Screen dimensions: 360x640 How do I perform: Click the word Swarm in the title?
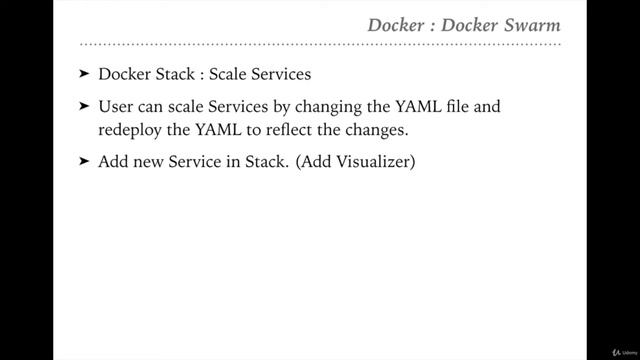(531, 23)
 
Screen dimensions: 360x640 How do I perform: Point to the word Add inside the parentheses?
(309, 161)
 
